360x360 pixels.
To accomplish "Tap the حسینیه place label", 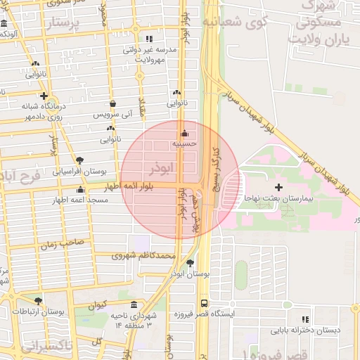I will [x=185, y=144].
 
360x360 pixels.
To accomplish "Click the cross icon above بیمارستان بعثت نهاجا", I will [x=280, y=188].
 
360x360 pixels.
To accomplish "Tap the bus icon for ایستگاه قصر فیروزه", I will [x=204, y=304].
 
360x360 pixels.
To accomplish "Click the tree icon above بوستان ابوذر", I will [x=191, y=263].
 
